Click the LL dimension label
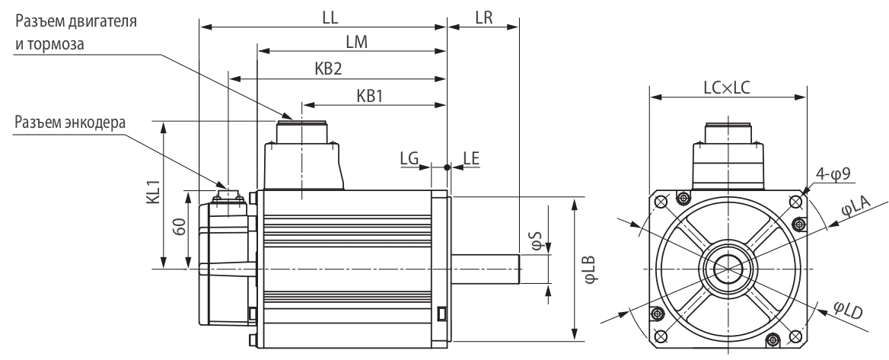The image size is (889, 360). pyautogui.click(x=330, y=16)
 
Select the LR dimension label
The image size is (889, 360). pyautogui.click(x=484, y=16)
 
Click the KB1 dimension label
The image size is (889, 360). pyautogui.click(x=370, y=95)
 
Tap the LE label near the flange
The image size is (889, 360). pyautogui.click(x=470, y=157)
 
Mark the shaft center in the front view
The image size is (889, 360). pyautogui.click(x=727, y=269)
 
